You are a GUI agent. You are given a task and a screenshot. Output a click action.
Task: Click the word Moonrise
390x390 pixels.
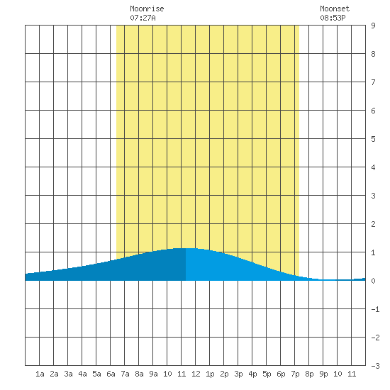point(147,9)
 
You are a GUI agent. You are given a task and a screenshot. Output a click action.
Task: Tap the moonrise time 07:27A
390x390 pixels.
point(143,18)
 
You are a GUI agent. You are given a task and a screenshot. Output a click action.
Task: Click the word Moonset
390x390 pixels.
point(335,9)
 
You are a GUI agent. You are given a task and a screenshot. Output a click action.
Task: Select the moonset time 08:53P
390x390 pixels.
point(333,18)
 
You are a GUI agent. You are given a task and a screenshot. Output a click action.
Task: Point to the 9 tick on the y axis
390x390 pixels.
point(373,26)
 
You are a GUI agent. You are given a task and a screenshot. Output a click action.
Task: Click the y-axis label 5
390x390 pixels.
point(373,139)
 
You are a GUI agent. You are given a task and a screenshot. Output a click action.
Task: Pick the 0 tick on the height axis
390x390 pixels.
point(373,281)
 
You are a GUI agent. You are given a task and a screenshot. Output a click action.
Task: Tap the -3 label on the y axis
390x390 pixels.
point(375,366)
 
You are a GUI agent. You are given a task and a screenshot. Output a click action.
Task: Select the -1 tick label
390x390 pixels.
point(375,309)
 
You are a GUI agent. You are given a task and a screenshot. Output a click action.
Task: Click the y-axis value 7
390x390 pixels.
point(373,82)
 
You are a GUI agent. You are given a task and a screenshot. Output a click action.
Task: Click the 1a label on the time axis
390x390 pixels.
point(40,374)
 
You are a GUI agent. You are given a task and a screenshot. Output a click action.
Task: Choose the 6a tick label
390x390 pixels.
point(111,374)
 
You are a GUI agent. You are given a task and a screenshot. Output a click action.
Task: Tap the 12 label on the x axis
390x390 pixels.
point(196,374)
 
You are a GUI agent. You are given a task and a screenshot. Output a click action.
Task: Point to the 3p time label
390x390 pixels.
point(238,374)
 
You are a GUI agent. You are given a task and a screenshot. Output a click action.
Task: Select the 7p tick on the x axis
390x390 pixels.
point(295,374)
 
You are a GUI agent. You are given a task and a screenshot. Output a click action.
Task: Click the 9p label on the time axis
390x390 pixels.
point(323,374)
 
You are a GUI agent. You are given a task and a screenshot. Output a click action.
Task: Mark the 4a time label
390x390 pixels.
point(82,374)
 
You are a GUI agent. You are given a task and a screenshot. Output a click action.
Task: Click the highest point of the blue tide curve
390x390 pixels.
point(186,248)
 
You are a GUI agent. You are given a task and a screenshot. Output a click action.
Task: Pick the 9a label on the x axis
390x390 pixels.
point(153,374)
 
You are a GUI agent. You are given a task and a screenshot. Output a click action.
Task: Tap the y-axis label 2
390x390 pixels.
point(373,224)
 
